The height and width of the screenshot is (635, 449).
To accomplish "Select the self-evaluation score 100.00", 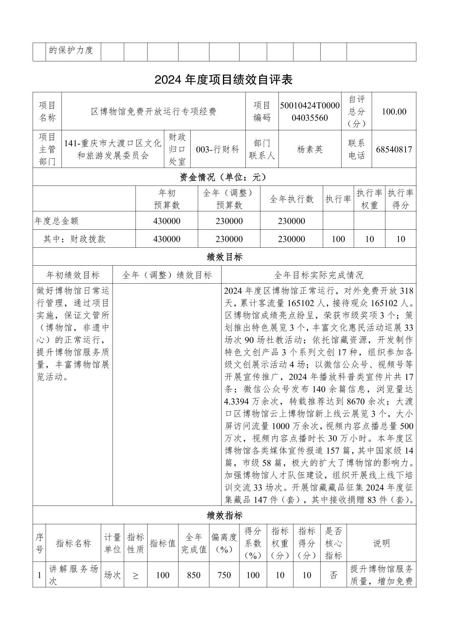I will click(394, 112).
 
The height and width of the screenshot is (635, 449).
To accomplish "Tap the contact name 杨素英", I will click(310, 150).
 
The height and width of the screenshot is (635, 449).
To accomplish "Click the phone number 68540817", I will click(394, 150).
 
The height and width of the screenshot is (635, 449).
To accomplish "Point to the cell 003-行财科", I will click(217, 150).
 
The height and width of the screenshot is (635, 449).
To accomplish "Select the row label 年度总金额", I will click(57, 221).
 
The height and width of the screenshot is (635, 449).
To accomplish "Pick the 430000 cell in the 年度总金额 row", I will click(167, 221).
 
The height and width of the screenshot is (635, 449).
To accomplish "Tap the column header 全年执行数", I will click(291, 199).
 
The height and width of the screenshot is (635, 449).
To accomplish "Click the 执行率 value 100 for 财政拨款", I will click(338, 239).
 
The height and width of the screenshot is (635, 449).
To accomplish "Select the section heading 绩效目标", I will click(224, 257).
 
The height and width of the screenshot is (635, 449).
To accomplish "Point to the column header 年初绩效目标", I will click(73, 275).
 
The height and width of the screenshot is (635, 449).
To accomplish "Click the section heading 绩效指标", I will click(224, 516).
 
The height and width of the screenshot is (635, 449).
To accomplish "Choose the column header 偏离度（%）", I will click(224, 543).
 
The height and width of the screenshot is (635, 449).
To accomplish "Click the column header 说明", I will click(381, 543).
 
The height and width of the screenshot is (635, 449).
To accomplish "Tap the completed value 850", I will click(194, 575).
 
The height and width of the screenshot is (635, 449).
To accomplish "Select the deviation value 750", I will click(224, 575).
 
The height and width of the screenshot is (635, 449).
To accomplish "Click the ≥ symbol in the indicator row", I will click(135, 575).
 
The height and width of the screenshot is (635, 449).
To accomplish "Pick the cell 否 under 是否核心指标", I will click(333, 575).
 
